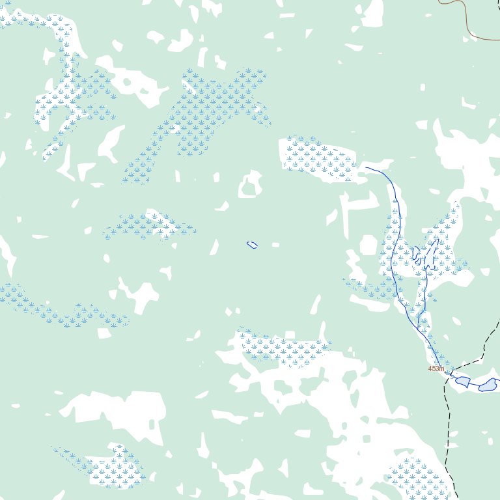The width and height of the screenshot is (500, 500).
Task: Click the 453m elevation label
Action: (436, 368)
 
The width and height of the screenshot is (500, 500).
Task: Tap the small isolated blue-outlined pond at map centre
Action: (252, 245)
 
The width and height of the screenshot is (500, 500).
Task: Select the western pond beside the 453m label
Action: (463, 381)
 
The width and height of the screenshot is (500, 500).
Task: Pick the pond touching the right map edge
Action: (488, 385)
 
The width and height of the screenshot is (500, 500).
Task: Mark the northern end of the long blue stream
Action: (367, 167)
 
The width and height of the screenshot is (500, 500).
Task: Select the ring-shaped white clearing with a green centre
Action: (249, 185)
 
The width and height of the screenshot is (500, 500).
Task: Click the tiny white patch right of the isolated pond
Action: (275, 245)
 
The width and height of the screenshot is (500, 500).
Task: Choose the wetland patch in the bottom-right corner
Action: (417, 479)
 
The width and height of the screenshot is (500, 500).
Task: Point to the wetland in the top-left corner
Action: (39, 20)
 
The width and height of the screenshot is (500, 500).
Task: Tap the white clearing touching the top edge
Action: (372, 13)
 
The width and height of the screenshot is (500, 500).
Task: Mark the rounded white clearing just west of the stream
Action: (368, 245)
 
